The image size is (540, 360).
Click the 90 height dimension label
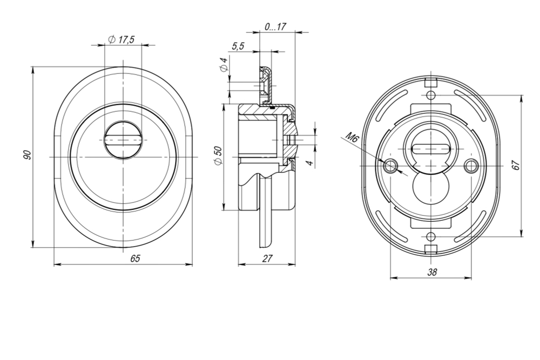pos(27,155)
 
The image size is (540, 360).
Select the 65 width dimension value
pos(135,259)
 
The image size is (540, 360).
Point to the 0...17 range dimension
pos(275,26)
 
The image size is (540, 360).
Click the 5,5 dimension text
pos(238,46)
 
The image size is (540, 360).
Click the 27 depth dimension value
pos(267,259)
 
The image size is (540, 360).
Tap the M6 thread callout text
pos(353,138)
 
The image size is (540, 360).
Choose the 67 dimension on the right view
pos(516,166)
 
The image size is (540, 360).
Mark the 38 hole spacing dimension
pos(431,273)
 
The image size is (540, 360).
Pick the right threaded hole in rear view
pos(472,165)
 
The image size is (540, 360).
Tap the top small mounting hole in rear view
pos(430,96)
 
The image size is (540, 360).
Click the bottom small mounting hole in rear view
pos(430,236)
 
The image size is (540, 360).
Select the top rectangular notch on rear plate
pos(430,83)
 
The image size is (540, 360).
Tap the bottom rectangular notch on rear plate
pos(430,248)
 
